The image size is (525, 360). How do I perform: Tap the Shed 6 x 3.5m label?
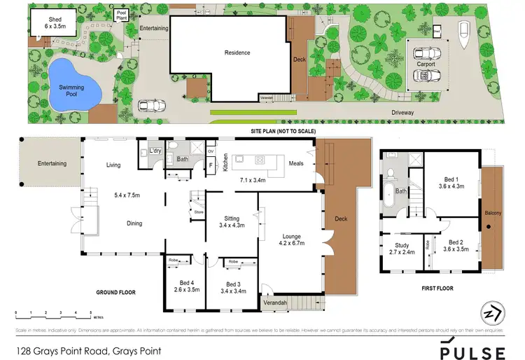pos(49,22)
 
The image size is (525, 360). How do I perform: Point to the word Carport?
pos(426,64)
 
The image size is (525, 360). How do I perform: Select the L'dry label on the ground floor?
pos(157,151)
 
